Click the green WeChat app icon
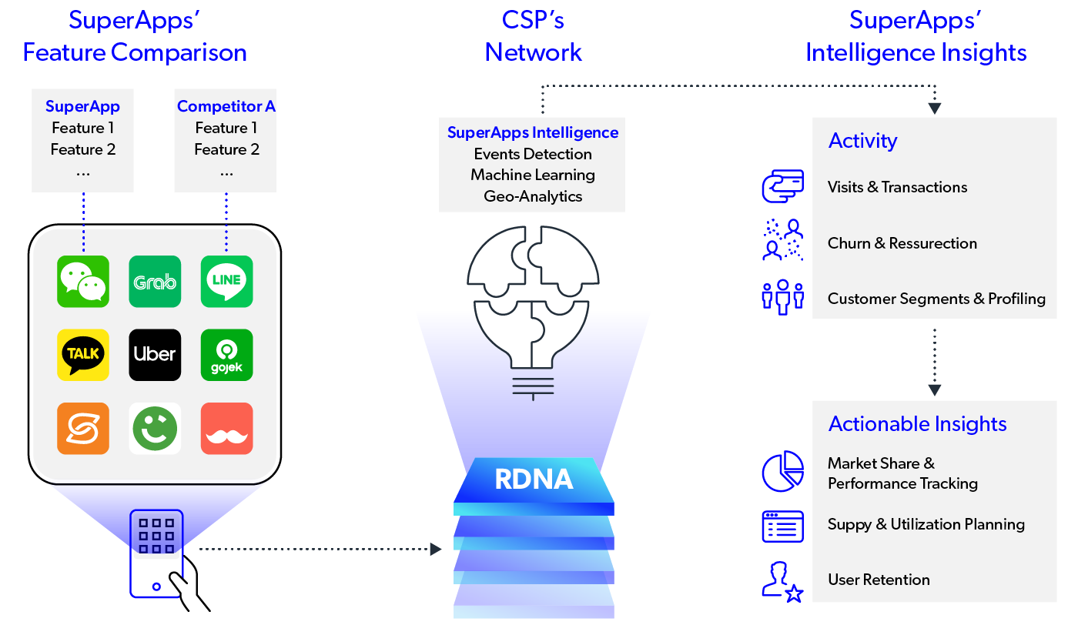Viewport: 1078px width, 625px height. (83, 281)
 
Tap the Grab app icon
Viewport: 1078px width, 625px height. (155, 281)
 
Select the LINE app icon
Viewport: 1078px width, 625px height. (226, 281)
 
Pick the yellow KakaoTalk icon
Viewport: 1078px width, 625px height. (83, 354)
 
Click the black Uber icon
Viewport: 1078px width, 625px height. (155, 354)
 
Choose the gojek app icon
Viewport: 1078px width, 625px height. (226, 354)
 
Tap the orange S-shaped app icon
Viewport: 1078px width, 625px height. (83, 428)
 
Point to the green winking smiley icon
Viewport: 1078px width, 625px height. (155, 428)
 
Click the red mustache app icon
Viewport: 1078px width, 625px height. (226, 428)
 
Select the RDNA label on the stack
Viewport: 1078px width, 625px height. (534, 480)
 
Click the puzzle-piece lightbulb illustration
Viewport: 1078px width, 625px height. (532, 300)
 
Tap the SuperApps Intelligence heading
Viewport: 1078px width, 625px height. (533, 132)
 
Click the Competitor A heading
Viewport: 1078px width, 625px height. (226, 106)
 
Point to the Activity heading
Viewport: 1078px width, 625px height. (862, 141)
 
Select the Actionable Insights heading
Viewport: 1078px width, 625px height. (917, 424)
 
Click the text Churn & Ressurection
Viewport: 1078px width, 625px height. (902, 243)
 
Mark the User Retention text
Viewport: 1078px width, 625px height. (879, 580)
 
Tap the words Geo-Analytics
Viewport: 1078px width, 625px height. (533, 196)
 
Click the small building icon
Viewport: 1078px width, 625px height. (156, 553)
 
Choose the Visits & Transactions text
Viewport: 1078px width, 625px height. (897, 187)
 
